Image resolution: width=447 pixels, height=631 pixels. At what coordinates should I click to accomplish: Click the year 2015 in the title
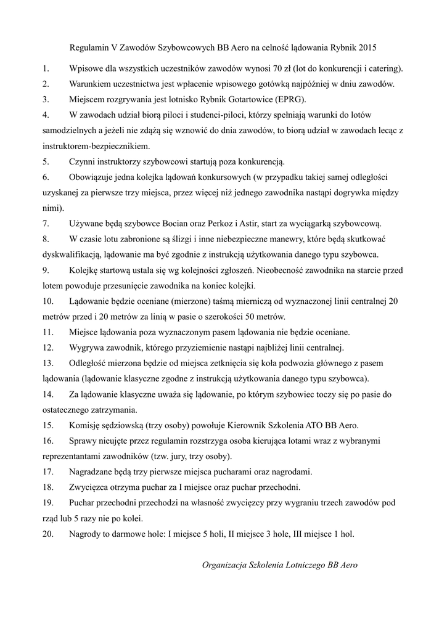click(x=366, y=47)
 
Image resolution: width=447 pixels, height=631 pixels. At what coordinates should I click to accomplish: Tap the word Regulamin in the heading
click(x=90, y=47)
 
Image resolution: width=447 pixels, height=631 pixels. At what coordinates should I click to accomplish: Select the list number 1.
click(x=45, y=68)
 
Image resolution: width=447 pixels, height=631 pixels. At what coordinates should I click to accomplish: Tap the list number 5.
click(x=46, y=162)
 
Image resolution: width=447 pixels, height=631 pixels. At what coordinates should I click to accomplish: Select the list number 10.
click(x=48, y=301)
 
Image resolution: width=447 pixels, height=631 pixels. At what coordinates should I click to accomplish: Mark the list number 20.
click(x=48, y=534)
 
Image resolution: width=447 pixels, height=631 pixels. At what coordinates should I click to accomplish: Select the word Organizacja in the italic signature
click(x=226, y=565)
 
